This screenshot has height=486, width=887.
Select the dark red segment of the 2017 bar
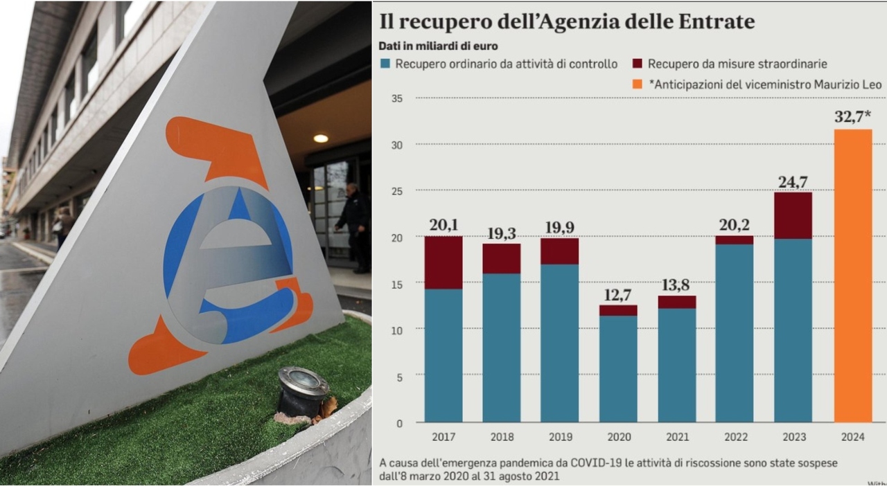coord(443,262)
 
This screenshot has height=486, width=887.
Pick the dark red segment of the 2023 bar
coord(793,215)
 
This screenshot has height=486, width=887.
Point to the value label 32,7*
coord(852,116)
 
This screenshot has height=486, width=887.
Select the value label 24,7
coord(793,182)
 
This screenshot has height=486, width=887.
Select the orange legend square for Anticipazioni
coord(637,84)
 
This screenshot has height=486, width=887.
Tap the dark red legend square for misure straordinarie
coord(637,64)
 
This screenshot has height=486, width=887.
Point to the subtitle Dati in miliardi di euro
coord(438,46)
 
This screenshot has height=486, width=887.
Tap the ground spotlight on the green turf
coord(302,390)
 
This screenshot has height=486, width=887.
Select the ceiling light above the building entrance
coord(320,138)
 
